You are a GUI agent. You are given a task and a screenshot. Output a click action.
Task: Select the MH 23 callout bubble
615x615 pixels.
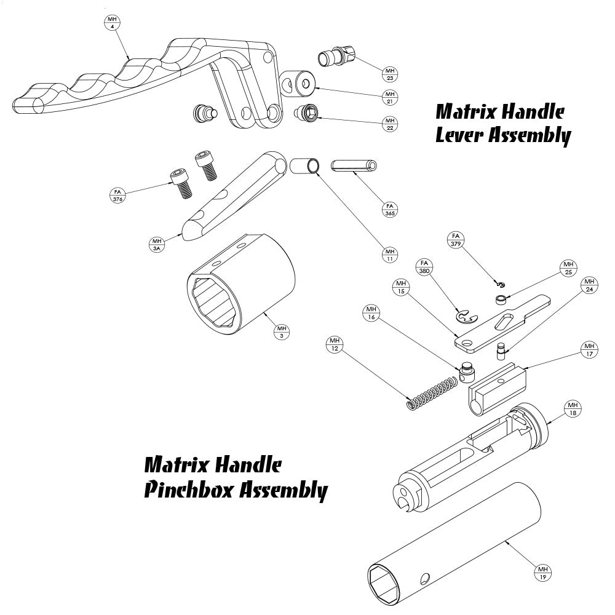click(x=389, y=74)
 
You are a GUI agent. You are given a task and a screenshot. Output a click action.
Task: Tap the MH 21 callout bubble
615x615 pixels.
click(x=390, y=97)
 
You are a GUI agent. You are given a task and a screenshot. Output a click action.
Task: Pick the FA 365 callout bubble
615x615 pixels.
click(x=389, y=209)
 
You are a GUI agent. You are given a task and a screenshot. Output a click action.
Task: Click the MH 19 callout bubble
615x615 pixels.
click(x=542, y=573)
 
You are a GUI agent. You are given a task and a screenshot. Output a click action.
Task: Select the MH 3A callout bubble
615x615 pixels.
click(x=156, y=244)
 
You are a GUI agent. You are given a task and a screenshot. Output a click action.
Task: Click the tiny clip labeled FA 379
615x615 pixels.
click(x=501, y=284)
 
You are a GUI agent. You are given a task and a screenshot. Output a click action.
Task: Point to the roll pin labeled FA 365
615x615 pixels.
click(x=355, y=167)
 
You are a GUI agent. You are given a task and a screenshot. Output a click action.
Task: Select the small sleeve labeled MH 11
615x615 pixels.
click(x=306, y=166)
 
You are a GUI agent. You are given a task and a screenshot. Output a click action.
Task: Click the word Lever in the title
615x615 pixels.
click(x=459, y=135)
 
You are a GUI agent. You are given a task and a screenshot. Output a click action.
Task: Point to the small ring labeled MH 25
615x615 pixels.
click(x=501, y=300)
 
